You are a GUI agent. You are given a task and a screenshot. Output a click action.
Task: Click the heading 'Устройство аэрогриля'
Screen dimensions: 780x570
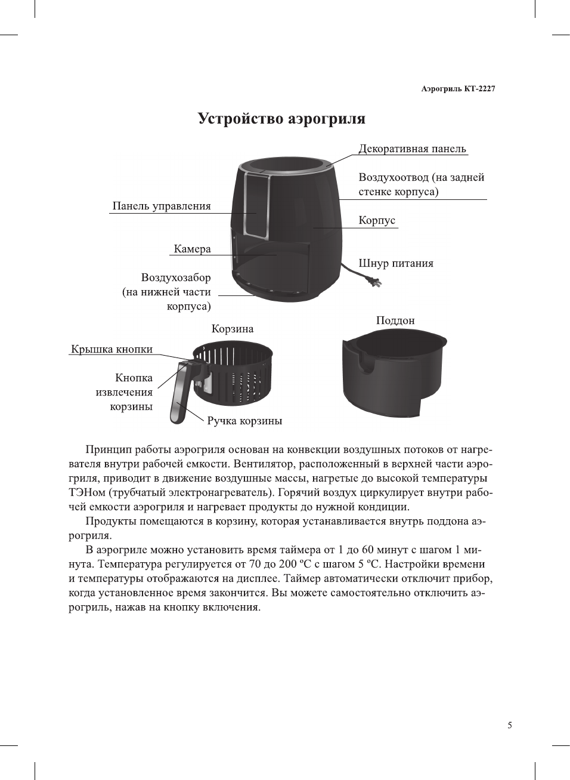click(281, 119)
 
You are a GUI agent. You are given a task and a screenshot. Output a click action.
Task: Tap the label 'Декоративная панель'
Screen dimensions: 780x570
click(412, 149)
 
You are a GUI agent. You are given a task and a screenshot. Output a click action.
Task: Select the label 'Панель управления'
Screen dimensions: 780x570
click(162, 206)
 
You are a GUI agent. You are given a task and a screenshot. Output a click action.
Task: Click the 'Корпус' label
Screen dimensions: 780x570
click(377, 220)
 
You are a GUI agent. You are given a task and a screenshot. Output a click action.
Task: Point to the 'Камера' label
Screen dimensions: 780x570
click(192, 249)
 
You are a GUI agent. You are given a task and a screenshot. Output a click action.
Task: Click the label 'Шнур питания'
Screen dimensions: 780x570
click(396, 263)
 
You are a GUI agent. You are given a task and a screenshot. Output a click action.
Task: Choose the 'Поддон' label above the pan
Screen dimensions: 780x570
click(395, 320)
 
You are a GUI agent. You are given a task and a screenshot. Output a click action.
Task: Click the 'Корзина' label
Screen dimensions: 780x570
click(233, 329)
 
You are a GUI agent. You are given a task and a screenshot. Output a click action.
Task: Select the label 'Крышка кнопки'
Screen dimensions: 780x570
click(112, 349)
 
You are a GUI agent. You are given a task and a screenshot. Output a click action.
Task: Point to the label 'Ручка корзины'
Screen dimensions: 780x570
click(244, 421)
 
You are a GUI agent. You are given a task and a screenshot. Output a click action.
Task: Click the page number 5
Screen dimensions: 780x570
click(510, 725)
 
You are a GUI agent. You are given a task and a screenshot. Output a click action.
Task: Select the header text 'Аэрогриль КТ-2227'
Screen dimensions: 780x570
click(458, 89)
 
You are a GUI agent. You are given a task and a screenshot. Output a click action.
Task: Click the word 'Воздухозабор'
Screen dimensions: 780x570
click(176, 278)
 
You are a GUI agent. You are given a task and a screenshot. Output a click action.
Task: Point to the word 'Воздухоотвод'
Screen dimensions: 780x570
click(394, 177)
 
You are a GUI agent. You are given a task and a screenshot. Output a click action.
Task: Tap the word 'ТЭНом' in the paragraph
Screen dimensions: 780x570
click(83, 492)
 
